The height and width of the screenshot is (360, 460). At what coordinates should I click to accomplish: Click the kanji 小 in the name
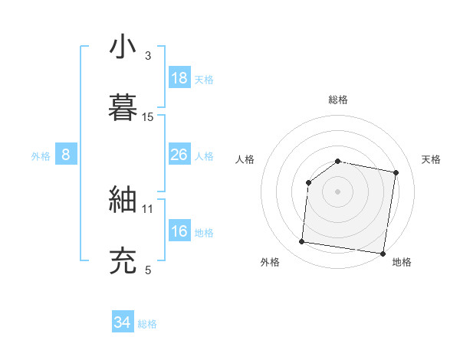[x=123, y=47]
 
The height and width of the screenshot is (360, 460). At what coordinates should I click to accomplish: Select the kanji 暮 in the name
[x=123, y=107]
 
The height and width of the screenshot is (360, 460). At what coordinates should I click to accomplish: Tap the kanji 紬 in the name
[x=123, y=200]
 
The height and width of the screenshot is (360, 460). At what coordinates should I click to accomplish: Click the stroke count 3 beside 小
[x=148, y=56]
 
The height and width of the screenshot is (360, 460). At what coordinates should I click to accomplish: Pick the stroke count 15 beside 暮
[x=148, y=116]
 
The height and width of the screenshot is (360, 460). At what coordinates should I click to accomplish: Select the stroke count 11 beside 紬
[x=148, y=208]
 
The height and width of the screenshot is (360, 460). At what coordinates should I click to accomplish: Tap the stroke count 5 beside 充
[x=148, y=270]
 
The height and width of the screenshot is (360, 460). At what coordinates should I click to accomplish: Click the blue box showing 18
[x=179, y=78]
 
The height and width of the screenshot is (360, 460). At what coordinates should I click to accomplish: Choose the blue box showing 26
[x=179, y=155]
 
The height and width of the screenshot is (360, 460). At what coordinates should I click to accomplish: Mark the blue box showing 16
[x=179, y=231]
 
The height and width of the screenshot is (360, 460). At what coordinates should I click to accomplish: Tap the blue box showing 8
[x=66, y=155]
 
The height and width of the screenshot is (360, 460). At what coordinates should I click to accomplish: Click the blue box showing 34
[x=123, y=323]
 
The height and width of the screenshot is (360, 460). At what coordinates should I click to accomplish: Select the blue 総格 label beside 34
[x=147, y=324]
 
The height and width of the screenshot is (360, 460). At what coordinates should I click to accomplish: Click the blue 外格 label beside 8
[x=41, y=155]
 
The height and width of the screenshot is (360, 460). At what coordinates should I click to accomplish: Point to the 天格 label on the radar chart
[x=431, y=159]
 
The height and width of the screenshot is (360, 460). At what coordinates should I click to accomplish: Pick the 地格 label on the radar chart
[x=402, y=262]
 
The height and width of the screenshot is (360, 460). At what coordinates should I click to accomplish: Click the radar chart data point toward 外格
[x=301, y=242]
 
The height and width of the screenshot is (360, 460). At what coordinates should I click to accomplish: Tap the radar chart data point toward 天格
[x=396, y=173]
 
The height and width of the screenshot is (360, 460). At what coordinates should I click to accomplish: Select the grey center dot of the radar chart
[x=337, y=191]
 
